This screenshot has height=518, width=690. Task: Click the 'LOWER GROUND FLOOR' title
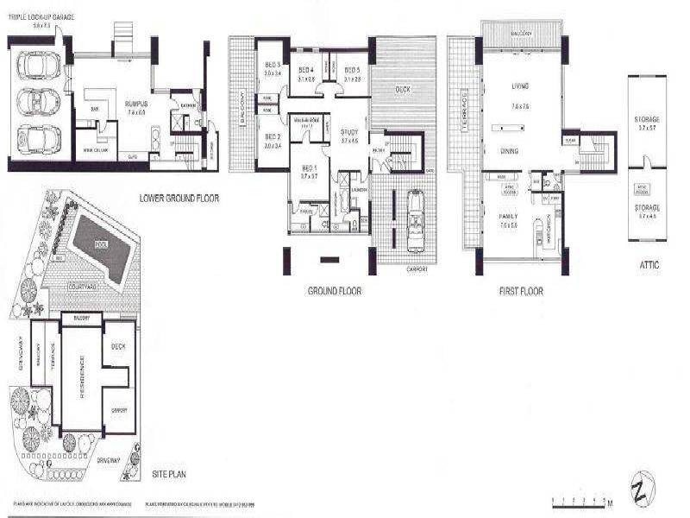(179, 198)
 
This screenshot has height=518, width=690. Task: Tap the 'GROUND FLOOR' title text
(335, 291)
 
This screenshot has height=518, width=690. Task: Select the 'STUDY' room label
(348, 131)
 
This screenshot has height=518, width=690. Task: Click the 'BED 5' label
(352, 70)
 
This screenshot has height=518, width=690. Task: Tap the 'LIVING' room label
(519, 86)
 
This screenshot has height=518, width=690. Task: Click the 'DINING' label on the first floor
(510, 150)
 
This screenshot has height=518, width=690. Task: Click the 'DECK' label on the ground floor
(402, 89)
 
